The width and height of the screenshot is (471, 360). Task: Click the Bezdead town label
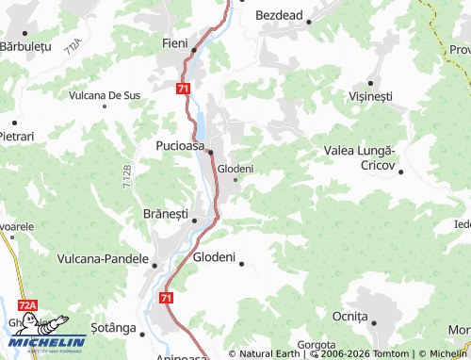278,16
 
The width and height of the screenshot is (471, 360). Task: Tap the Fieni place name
175,43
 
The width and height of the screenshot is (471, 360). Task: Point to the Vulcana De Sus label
105,95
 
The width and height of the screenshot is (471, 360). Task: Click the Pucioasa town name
180,146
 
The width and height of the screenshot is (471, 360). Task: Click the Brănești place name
165,213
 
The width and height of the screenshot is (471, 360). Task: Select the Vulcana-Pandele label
103,257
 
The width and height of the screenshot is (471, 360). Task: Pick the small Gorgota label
317,345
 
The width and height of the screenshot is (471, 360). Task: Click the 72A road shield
28,305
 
